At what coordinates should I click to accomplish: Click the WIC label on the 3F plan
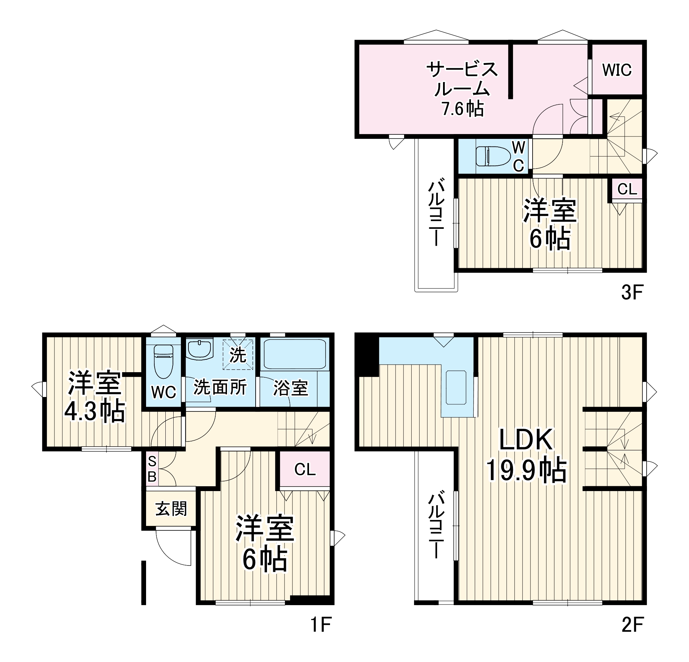(617, 70)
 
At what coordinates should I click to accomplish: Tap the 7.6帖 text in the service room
(463, 109)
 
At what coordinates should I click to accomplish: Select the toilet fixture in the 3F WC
(493, 156)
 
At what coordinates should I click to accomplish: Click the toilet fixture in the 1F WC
(163, 361)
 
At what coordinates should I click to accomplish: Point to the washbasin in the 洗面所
(199, 349)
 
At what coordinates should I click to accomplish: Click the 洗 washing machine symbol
(238, 355)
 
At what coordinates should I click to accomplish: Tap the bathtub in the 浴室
(295, 354)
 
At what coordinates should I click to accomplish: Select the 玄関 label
(171, 509)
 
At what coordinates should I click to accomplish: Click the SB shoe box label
(152, 469)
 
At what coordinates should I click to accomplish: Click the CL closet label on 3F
(627, 190)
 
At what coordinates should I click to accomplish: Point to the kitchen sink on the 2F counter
(456, 387)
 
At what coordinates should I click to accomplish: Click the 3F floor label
(632, 292)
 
